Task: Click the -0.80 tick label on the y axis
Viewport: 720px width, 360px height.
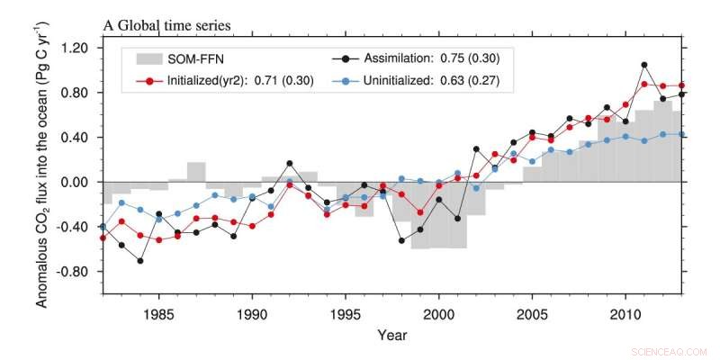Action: [73, 271]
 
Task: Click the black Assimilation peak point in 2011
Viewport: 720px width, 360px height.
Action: [644, 65]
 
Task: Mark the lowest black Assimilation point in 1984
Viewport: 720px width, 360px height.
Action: [140, 261]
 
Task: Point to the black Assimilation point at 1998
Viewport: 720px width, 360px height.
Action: [401, 241]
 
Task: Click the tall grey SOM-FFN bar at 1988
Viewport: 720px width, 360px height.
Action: [196, 172]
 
